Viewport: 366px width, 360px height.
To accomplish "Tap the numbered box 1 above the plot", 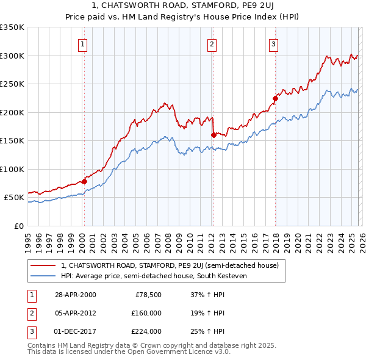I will pos(82,43).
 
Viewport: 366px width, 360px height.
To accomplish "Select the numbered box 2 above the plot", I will pos(211,43).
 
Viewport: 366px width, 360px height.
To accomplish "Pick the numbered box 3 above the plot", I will pos(274,43).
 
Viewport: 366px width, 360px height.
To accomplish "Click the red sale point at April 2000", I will pos(84,181).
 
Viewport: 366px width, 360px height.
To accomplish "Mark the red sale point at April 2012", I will pos(213,135).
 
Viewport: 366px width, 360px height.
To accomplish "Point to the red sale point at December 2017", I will pos(275,98).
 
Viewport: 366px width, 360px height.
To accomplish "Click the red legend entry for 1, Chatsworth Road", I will pos(170,265).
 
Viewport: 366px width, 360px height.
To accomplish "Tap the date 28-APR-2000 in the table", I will pos(75,295).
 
